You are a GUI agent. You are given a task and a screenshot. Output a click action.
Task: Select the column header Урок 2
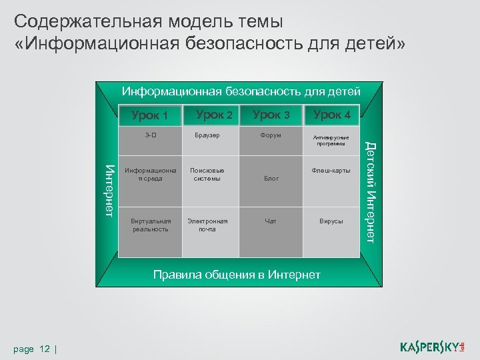click(213, 115)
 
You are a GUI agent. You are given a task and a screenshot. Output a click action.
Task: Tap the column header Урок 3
click(271, 115)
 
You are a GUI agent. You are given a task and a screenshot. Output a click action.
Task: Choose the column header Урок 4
click(331, 115)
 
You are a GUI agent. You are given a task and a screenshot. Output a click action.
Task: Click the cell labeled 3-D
click(151, 135)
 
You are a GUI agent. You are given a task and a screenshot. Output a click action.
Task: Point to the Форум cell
click(271, 135)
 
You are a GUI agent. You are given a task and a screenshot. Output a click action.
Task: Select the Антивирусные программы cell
click(331, 140)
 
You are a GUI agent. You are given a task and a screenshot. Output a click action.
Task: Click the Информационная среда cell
click(150, 174)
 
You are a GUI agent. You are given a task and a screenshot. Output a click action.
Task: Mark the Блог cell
click(271, 179)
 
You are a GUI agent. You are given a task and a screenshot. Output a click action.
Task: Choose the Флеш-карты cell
click(331, 171)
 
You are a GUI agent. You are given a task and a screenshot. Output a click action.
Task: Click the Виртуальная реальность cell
click(151, 225)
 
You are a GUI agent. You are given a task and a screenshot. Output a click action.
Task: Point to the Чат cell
click(271, 221)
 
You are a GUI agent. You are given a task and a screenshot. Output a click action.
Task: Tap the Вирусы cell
click(331, 221)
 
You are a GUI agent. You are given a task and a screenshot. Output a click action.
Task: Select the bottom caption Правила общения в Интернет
click(237, 275)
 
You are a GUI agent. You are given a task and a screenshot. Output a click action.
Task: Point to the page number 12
click(45, 349)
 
